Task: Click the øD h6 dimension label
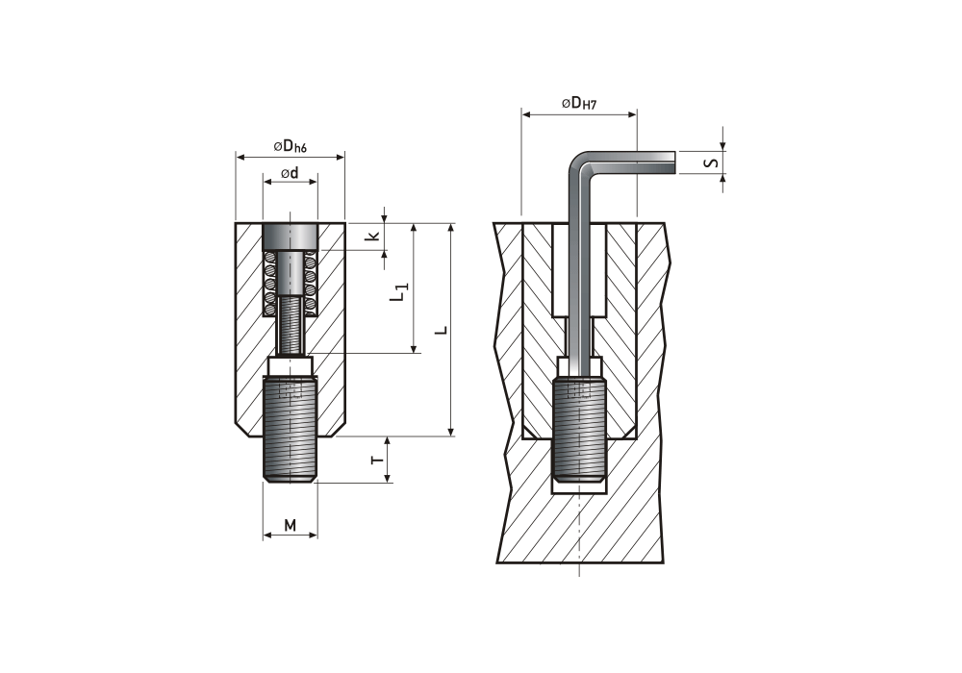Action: (291, 146)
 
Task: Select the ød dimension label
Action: (290, 174)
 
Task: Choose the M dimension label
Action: (290, 525)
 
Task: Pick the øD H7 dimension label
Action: (579, 103)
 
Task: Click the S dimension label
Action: (711, 162)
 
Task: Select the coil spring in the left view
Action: (290, 284)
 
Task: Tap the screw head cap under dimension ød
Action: (290, 237)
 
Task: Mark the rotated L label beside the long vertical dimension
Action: (442, 330)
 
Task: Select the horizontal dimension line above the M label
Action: (290, 537)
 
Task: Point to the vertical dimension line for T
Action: (388, 459)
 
